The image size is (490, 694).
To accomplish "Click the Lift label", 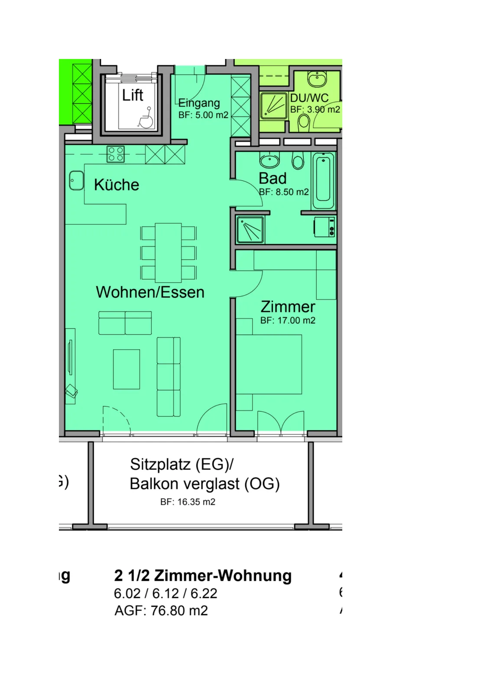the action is tap(133, 95).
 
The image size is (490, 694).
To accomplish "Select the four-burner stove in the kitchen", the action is tap(115, 154).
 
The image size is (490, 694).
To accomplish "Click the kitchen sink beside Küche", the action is tap(76, 180).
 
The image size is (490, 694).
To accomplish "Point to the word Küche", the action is tap(117, 185).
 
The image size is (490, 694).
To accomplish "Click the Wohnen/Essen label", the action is tap(150, 292).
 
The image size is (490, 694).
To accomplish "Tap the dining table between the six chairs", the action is tap(168, 253).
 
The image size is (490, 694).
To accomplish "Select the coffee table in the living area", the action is tap(127, 369).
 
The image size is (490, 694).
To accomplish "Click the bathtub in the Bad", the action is tap(324, 181).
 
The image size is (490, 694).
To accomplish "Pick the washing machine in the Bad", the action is tap(325, 227).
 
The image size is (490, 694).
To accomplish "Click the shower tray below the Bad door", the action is tap(250, 229).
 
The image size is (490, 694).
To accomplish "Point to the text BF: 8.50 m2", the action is tap(284, 192).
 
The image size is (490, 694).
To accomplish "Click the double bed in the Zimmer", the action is tap(269, 364).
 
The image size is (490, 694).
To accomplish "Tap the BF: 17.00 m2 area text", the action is tap(288, 321).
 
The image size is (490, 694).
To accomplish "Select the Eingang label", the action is tap(199, 103).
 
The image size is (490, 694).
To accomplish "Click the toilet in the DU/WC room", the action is tap(304, 122).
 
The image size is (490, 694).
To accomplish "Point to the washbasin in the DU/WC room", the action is tap(317, 79).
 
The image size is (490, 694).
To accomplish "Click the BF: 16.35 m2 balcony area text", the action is tap(188, 501).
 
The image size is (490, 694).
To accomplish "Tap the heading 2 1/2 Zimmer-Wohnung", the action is tap(203, 576).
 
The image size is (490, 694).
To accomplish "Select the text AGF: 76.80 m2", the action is tap(161, 610).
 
